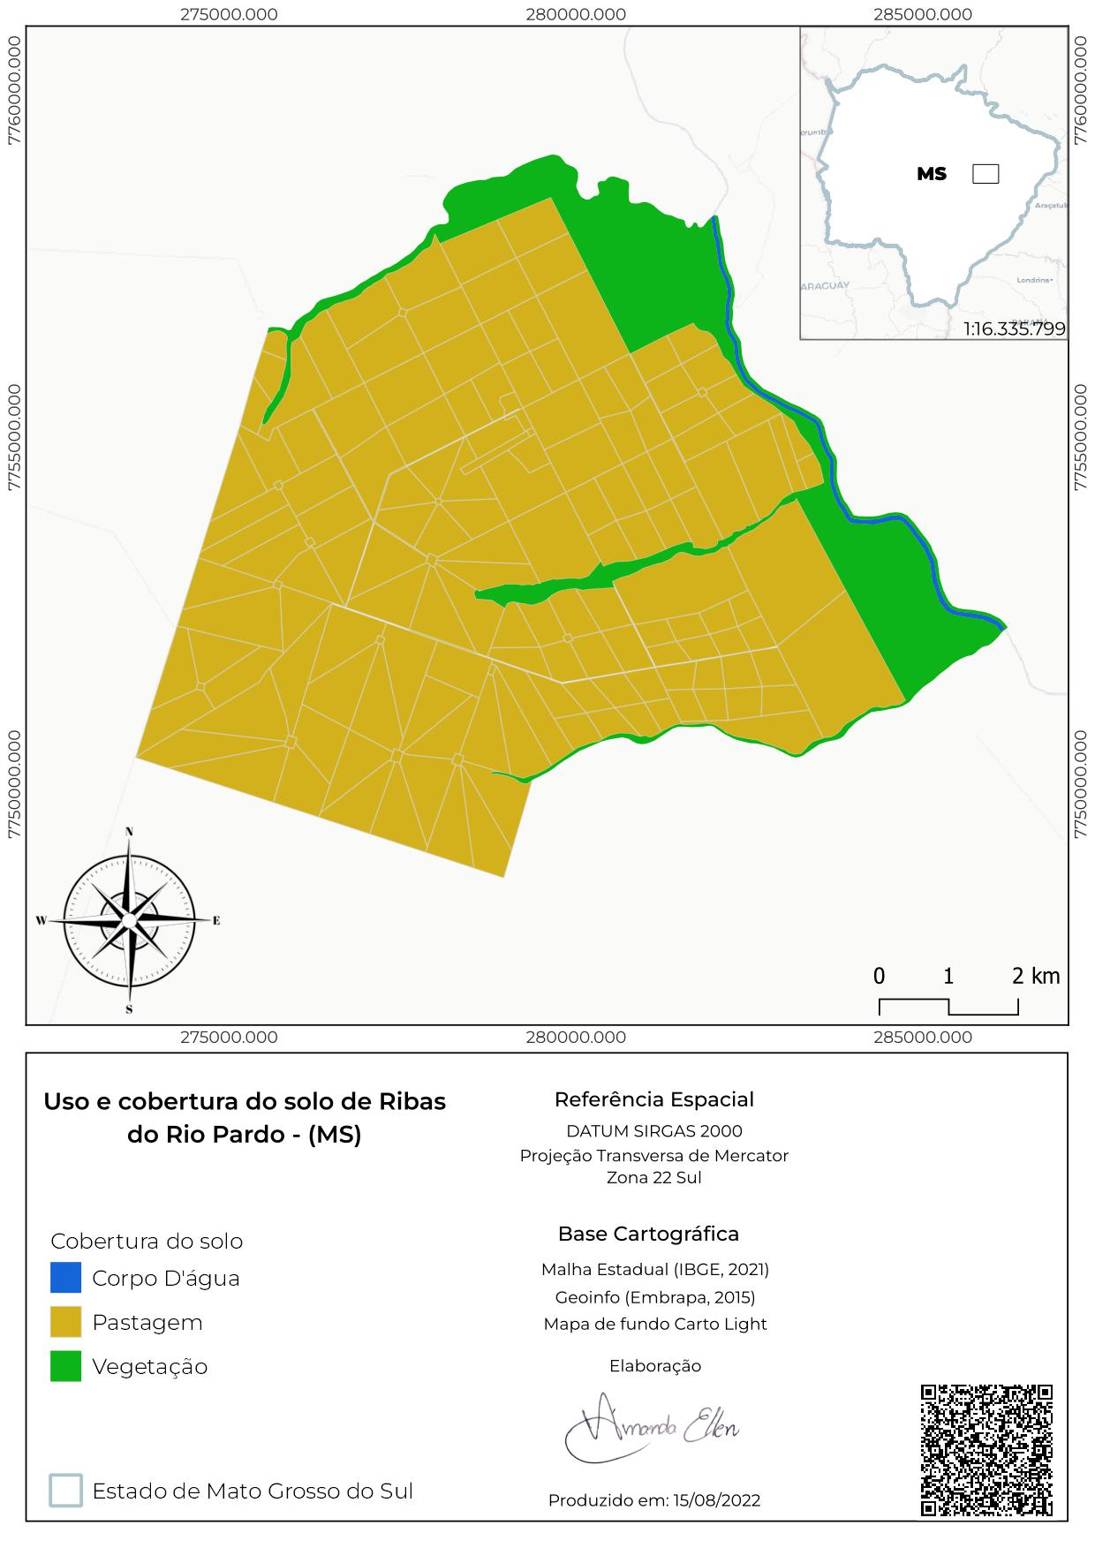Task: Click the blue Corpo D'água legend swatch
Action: tap(65, 1278)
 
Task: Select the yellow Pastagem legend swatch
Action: tap(65, 1322)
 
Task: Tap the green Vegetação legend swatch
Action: tap(65, 1366)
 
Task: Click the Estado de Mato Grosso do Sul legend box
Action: tap(66, 1491)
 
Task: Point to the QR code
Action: tap(986, 1451)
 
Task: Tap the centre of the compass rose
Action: tap(129, 920)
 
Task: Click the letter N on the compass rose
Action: tap(129, 832)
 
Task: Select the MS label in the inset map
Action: tap(932, 174)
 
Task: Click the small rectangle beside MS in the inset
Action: tap(985, 174)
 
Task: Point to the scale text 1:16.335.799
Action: tap(1015, 329)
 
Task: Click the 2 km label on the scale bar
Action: tap(1035, 976)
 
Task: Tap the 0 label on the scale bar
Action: tap(880, 976)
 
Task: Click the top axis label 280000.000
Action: tap(576, 14)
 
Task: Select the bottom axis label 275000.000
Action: tap(229, 1038)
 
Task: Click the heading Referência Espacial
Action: tap(654, 1099)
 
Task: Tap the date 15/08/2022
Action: tap(716, 1500)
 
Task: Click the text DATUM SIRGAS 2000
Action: tap(654, 1130)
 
